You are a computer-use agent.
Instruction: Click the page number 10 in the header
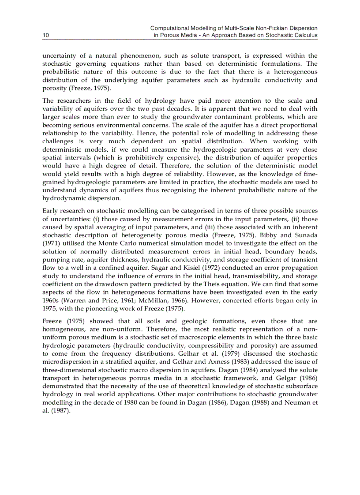click(x=45, y=35)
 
